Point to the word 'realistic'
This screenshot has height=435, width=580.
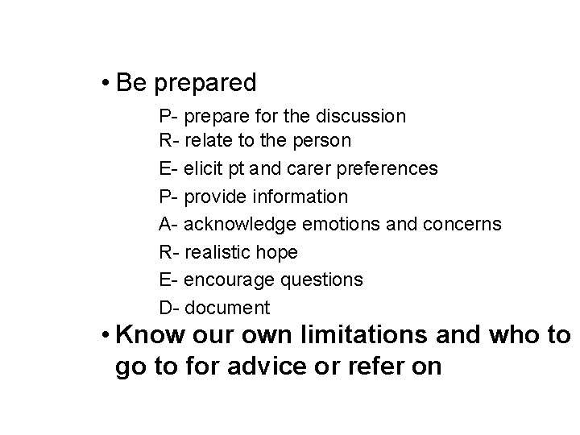point(217,252)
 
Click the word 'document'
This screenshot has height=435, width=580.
point(227,308)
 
